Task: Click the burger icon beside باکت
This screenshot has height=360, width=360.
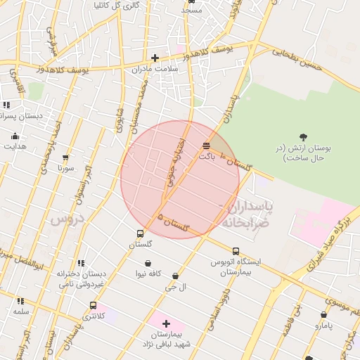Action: tap(205, 146)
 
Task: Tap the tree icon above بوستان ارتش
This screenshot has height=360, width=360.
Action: tap(303, 136)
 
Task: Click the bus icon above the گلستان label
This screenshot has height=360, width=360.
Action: tap(140, 233)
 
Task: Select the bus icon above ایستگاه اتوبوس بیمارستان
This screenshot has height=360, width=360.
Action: tap(236, 251)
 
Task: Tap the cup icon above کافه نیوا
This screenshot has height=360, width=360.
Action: tap(148, 263)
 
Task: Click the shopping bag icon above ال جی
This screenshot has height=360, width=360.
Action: tap(174, 276)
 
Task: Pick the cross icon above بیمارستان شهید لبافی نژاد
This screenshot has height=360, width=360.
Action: tap(166, 323)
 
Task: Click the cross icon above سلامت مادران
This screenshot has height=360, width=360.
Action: tap(155, 58)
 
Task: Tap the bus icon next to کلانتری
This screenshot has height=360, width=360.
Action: tap(93, 305)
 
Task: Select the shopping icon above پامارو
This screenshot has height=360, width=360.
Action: tap(323, 315)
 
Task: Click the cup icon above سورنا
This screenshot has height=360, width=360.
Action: tap(66, 158)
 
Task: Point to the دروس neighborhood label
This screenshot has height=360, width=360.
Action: tap(67, 219)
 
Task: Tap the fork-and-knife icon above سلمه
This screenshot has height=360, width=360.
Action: tap(20, 300)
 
